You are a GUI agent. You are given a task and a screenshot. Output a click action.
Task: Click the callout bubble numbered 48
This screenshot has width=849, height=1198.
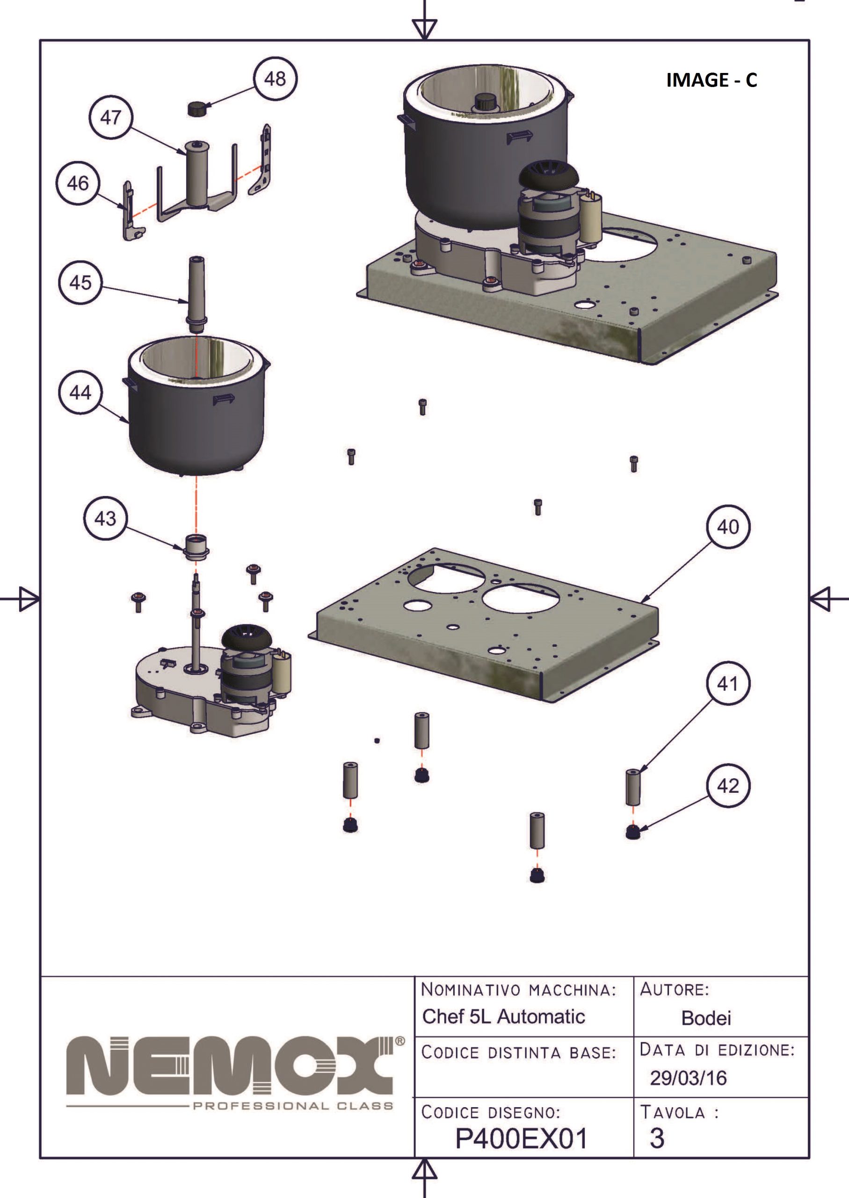pyautogui.click(x=275, y=79)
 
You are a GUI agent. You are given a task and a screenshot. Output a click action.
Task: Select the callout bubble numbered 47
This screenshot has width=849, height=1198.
pyautogui.click(x=111, y=117)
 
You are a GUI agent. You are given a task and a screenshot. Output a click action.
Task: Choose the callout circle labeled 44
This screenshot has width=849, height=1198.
pyautogui.click(x=80, y=392)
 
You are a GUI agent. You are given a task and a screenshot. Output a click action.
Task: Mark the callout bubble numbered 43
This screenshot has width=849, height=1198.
pyautogui.click(x=105, y=518)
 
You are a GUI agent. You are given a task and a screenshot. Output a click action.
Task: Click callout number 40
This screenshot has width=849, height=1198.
pyautogui.click(x=728, y=526)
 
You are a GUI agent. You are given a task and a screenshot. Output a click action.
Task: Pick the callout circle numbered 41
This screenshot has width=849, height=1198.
pyautogui.click(x=728, y=683)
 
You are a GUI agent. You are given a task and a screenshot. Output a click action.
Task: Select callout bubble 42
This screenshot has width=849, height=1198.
pyautogui.click(x=728, y=785)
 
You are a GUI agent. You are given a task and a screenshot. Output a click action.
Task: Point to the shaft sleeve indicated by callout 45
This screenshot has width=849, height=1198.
pyautogui.click(x=197, y=293)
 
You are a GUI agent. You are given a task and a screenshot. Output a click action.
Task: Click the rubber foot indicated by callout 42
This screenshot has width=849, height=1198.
pyautogui.click(x=633, y=832)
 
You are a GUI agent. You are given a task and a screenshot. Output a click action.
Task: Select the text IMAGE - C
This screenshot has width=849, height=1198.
pyautogui.click(x=711, y=80)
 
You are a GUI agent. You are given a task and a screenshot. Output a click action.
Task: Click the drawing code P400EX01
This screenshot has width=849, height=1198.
pyautogui.click(x=521, y=1139)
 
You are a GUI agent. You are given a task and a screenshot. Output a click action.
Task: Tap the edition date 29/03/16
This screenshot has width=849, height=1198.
pyautogui.click(x=688, y=1078)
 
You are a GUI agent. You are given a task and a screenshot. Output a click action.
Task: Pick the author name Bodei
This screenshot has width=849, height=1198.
pyautogui.click(x=706, y=1018)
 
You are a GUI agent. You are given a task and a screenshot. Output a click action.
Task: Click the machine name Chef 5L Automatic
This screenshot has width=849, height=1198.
pyautogui.click(x=503, y=1016)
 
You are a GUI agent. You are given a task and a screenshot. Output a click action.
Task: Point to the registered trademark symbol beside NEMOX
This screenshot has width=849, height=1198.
pyautogui.click(x=400, y=1041)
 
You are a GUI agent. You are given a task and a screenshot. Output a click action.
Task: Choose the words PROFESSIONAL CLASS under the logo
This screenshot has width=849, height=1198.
pyautogui.click(x=293, y=1105)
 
